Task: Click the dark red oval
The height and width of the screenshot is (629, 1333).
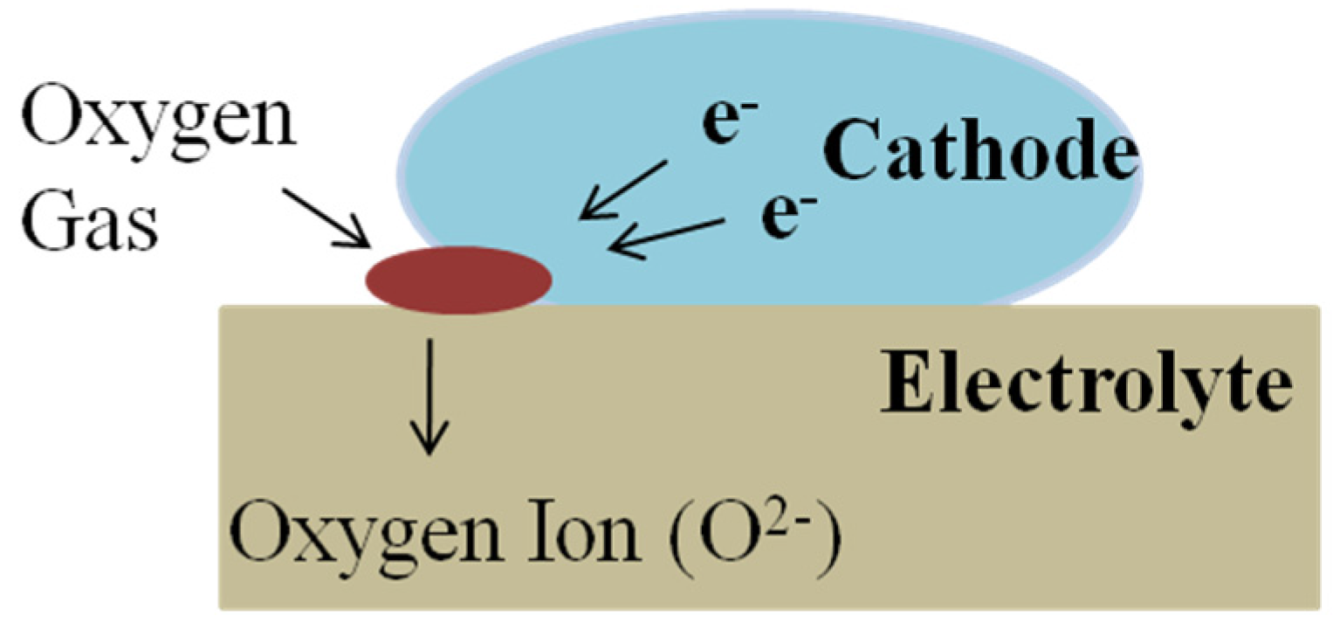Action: [458, 280]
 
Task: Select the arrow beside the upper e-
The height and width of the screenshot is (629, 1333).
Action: [625, 188]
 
